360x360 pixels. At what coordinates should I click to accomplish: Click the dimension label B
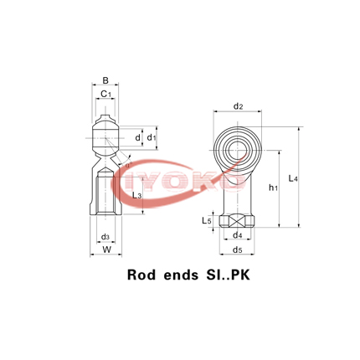click(105, 81)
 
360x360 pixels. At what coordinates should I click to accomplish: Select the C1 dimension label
click(106, 95)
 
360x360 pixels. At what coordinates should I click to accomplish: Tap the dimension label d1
click(152, 136)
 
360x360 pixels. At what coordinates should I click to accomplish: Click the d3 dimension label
click(105, 238)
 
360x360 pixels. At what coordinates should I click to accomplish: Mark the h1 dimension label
click(274, 188)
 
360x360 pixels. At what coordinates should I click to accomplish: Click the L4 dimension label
click(292, 178)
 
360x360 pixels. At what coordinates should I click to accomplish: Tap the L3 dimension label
click(136, 195)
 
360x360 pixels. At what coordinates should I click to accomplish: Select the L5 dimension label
click(207, 221)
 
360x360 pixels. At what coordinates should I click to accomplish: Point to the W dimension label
click(105, 250)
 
